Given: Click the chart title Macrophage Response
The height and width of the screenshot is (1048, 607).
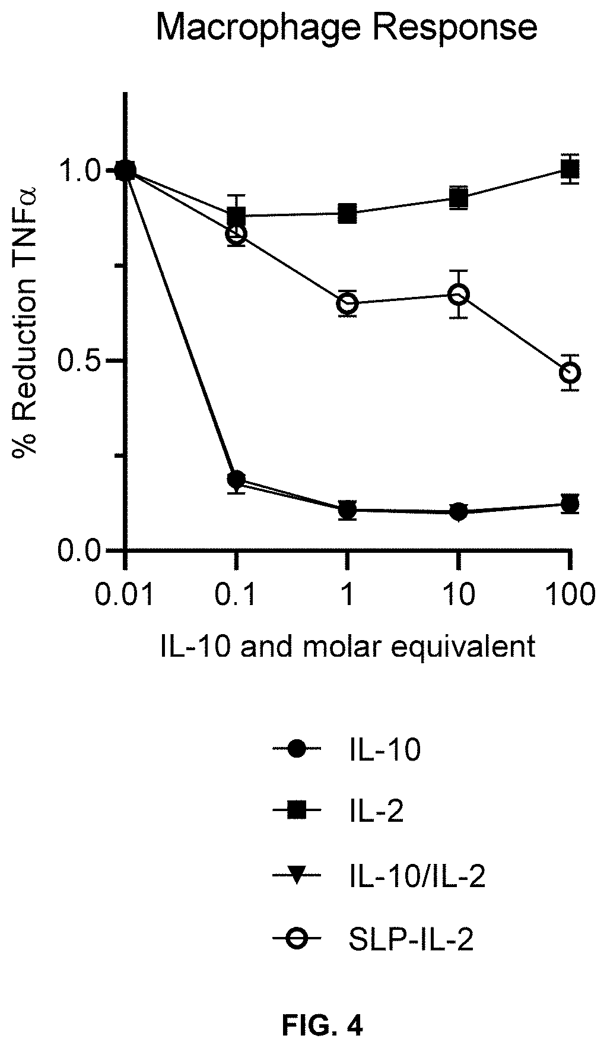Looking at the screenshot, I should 346,28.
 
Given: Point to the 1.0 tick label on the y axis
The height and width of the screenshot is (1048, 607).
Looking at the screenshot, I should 84,172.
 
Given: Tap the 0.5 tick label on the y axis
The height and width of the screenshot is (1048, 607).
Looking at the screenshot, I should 84,361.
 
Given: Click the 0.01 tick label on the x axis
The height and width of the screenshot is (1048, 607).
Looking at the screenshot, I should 125,594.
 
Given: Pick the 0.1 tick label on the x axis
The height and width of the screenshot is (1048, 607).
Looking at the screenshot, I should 236,594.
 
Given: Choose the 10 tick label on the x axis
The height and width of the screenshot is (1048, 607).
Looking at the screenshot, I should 458,594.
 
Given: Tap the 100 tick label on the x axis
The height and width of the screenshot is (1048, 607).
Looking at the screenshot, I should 570,594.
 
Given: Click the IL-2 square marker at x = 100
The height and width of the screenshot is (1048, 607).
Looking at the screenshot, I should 570,170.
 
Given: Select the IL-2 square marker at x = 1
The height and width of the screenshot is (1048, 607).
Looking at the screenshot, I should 347,213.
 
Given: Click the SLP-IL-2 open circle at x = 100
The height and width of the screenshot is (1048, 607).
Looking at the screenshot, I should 570,373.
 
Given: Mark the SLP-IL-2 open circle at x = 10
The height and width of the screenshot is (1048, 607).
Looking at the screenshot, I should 458,294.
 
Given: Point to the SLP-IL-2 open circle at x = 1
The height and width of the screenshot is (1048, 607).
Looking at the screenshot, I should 347,303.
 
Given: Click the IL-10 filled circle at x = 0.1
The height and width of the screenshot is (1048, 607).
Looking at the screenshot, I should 236,479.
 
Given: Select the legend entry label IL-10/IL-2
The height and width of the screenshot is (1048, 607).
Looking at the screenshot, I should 415,876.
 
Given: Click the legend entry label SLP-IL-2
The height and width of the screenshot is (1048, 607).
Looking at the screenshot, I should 409,939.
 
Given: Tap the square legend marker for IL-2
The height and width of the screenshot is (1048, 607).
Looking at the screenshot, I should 296,813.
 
